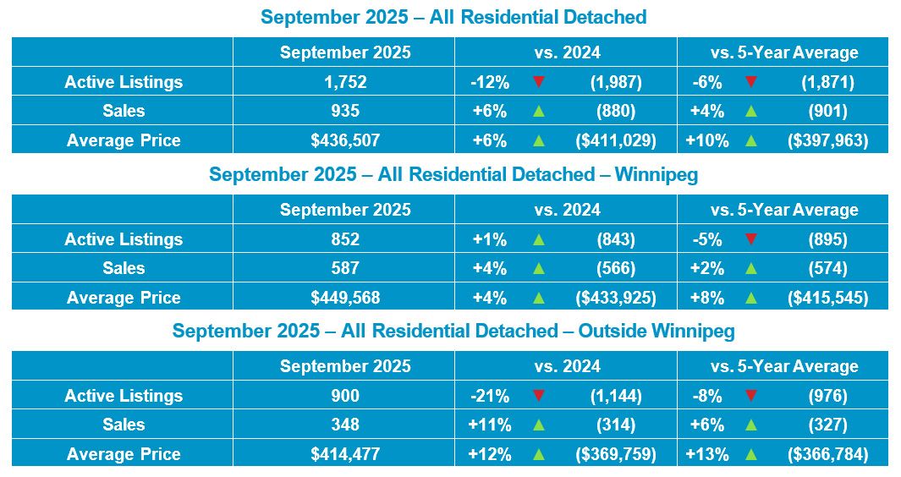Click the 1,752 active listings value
[345, 82]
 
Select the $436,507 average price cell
[345, 140]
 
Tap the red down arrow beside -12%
[538, 82]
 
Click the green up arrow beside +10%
[750, 140]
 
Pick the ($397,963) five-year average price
[827, 140]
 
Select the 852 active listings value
[345, 239]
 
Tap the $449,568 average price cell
[345, 298]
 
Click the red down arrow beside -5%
[750, 239]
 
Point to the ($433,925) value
[615, 298]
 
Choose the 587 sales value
[345, 268]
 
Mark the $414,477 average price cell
[345, 454]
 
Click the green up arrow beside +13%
[750, 454]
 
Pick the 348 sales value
[345, 425]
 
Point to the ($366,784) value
[827, 454]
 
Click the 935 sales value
[345, 111]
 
